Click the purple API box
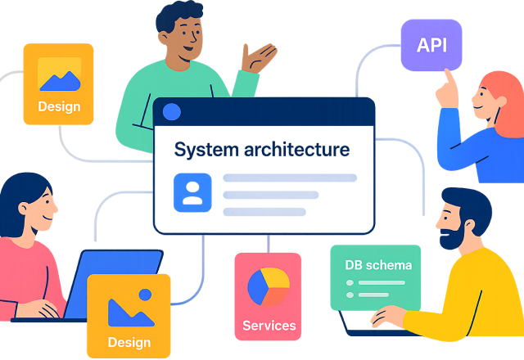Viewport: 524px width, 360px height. click(431, 44)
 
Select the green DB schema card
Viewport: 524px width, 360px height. click(375, 277)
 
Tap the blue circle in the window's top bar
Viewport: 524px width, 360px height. click(172, 112)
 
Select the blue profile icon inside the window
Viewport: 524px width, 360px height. click(192, 193)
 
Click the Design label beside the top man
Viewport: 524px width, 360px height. click(59, 106)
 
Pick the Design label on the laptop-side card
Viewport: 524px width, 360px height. click(129, 342)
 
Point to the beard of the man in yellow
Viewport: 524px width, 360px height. click(451, 237)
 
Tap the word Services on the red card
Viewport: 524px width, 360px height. click(269, 326)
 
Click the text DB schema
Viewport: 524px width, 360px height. click(378, 264)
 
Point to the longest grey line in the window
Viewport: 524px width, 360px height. click(290, 178)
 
